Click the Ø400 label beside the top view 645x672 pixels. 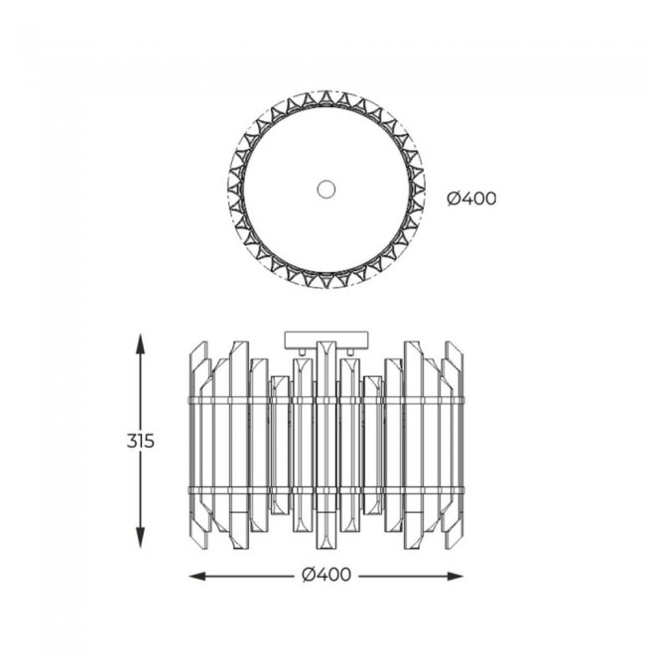471,199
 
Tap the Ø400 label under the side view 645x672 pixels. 326,575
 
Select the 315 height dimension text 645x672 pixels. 140,441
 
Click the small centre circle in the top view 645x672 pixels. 326,189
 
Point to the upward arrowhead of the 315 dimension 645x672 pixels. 140,343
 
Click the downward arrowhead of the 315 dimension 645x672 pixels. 140,538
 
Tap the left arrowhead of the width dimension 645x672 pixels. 198,577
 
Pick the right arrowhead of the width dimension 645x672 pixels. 453,577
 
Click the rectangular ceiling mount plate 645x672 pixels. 326,339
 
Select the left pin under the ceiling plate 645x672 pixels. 302,351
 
